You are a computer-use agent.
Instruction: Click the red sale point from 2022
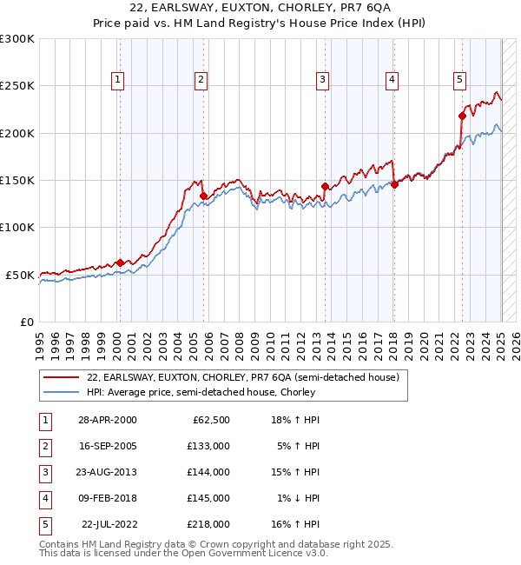click(x=462, y=116)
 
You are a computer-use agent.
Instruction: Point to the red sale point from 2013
click(x=325, y=186)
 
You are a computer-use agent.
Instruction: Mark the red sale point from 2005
click(x=203, y=196)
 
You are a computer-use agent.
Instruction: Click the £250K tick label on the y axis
click(x=17, y=86)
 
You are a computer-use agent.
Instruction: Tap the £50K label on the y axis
click(x=21, y=275)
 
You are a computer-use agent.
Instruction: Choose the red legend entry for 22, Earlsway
click(x=242, y=378)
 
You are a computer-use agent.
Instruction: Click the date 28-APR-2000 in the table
click(x=107, y=420)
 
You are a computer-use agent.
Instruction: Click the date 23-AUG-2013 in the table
click(x=107, y=472)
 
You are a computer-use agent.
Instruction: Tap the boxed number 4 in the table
click(x=44, y=498)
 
